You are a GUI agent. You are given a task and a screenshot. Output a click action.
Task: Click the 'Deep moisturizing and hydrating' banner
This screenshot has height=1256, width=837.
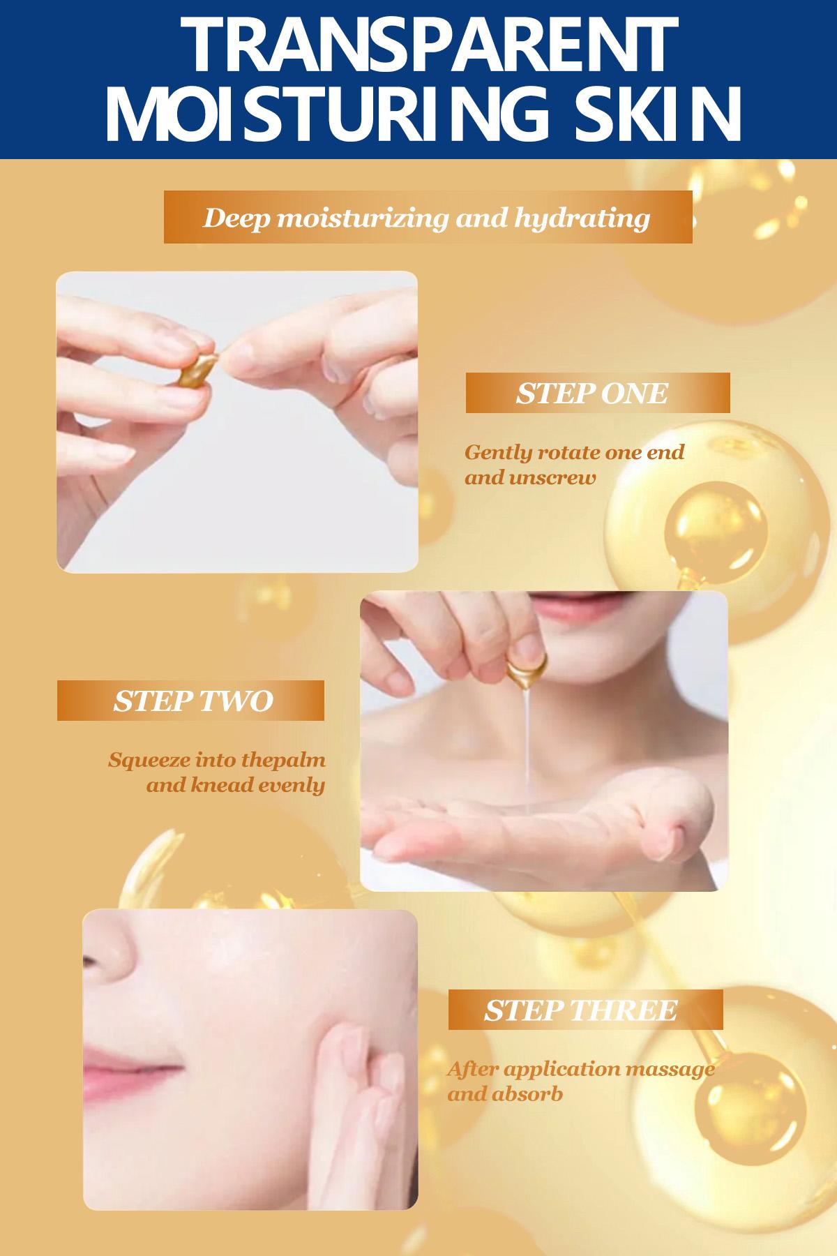coord(427,218)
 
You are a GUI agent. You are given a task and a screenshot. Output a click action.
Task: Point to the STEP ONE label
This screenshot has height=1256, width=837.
coord(592,393)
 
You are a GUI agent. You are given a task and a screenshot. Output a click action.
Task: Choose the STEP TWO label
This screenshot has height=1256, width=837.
coord(193,701)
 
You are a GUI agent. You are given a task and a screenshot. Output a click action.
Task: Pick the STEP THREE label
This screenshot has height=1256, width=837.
coord(581,1010)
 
